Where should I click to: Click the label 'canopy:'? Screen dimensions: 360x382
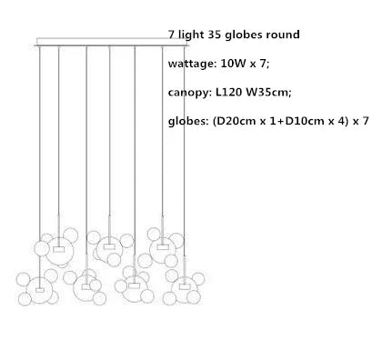[x=192, y=93]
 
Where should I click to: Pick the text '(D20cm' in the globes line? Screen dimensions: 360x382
[x=239, y=121]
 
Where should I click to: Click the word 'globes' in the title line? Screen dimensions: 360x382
[x=242, y=35]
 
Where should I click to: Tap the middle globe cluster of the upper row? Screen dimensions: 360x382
[x=110, y=245]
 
